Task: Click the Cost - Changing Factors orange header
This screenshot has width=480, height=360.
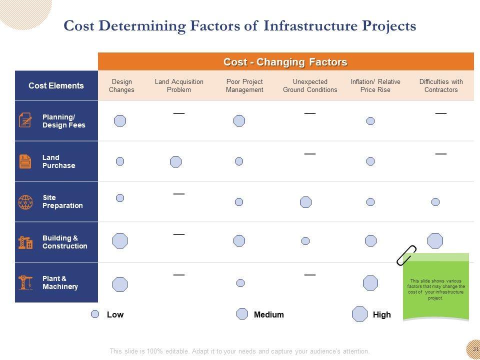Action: (285, 62)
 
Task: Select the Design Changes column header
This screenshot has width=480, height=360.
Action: (121, 86)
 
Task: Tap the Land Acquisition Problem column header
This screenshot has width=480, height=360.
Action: (179, 86)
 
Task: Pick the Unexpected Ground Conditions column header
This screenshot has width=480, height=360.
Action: (310, 86)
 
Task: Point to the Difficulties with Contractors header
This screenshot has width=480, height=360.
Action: (441, 86)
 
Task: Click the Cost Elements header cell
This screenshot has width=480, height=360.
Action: (56, 85)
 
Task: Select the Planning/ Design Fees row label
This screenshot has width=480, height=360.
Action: (63, 121)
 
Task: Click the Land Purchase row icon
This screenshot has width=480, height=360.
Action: (25, 161)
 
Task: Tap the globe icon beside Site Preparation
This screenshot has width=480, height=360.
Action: (25, 202)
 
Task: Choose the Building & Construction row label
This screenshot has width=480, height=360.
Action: (64, 242)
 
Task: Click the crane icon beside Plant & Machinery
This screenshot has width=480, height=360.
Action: (25, 282)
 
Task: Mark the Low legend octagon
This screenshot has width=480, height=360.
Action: (95, 314)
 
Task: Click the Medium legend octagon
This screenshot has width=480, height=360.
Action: (242, 314)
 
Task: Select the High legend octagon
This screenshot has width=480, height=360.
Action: (359, 314)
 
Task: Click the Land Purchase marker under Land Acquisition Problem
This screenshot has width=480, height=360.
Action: (175, 161)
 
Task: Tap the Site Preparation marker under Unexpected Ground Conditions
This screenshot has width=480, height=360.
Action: (305, 202)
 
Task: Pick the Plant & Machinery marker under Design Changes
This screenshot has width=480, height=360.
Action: (120, 284)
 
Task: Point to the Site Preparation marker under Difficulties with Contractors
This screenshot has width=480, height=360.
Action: (435, 202)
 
